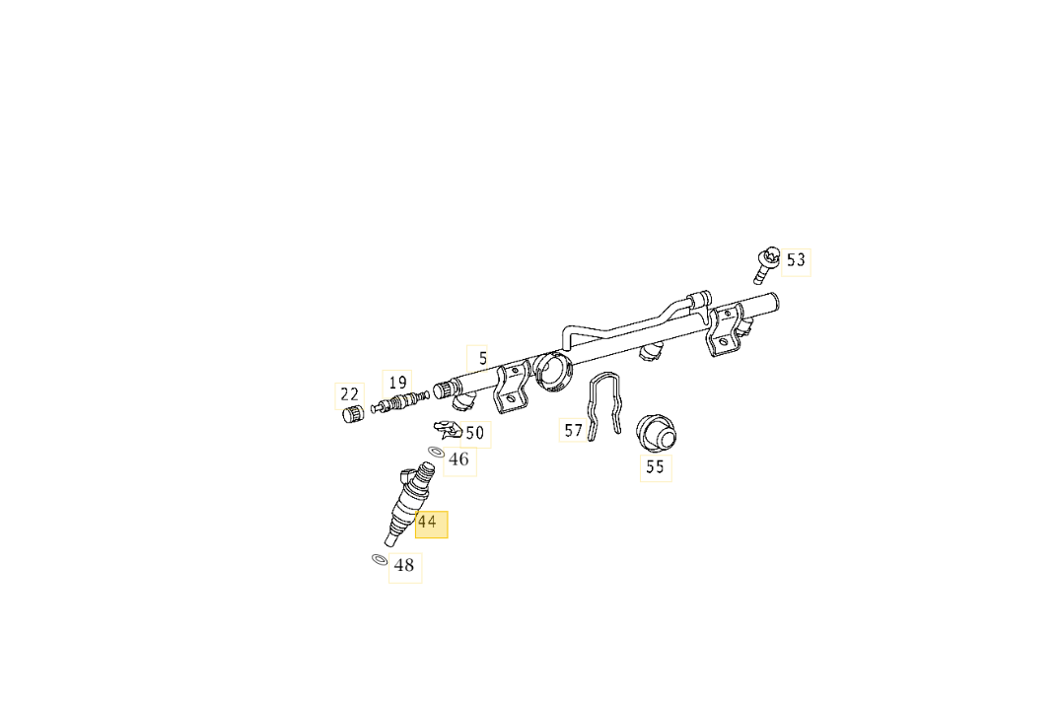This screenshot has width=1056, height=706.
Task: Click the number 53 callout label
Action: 796,260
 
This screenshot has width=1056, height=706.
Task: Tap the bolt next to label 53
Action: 765,261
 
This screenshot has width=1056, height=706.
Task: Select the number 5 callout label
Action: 482,359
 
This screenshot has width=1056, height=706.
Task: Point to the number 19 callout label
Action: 397,383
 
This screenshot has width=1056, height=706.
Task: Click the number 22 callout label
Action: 350,395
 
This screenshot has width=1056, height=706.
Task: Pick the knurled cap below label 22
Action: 349,415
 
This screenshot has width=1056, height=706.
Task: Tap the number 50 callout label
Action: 474,433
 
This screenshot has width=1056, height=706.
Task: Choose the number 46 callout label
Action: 459,459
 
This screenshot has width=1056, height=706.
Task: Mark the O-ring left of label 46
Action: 436,452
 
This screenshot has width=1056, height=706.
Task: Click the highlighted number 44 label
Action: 428,523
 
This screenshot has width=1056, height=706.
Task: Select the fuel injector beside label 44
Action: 407,503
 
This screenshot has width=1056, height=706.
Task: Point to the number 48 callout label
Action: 404,566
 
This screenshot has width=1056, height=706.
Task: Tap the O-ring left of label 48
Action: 379,560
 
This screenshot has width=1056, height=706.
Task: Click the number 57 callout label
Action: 574,430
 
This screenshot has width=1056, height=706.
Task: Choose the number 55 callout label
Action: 655,467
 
